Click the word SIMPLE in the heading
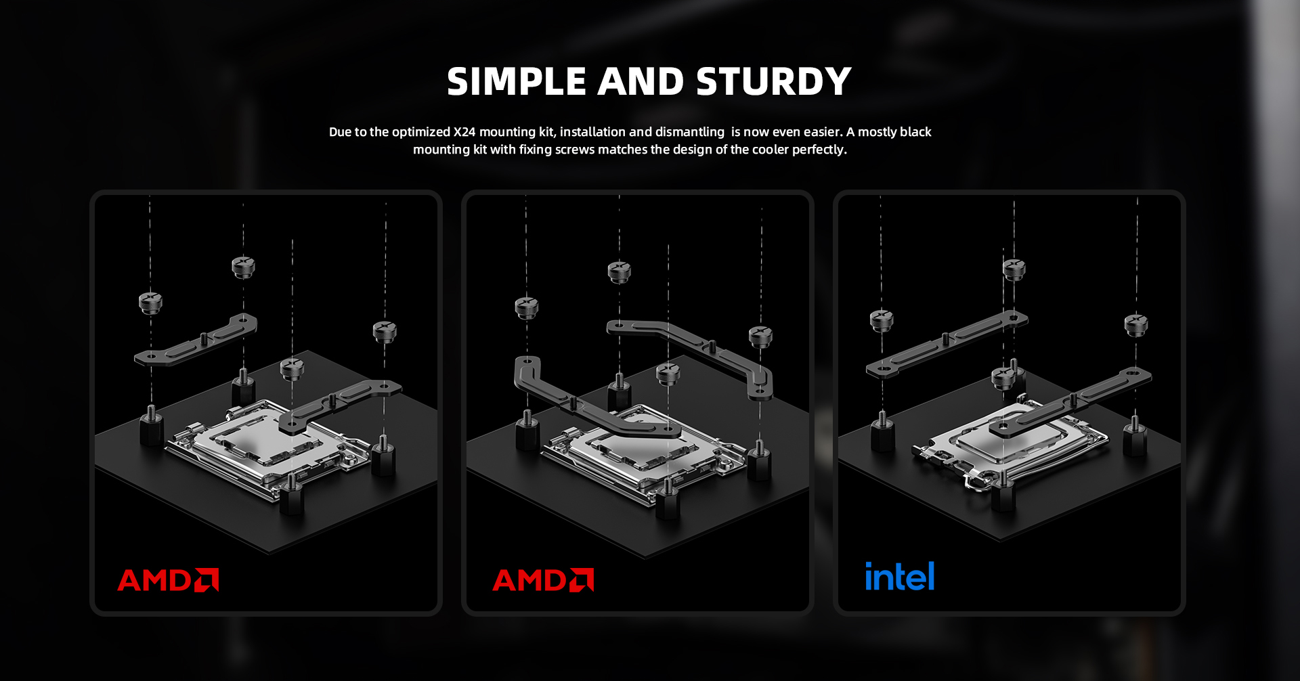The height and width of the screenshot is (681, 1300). coord(517,82)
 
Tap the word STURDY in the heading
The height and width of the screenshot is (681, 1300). coord(773,82)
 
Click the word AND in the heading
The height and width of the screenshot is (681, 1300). coord(641,82)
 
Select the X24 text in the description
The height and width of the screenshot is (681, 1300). coord(464,132)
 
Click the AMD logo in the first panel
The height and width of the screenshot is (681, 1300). coord(168,580)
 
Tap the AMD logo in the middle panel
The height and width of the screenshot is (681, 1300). coord(543,580)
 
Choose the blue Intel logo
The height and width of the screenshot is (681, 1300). coord(900,577)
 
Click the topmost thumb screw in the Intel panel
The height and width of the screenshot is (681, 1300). coord(1014,269)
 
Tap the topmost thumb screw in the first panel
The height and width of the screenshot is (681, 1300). coord(243,266)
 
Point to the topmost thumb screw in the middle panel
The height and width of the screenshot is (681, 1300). coord(619,272)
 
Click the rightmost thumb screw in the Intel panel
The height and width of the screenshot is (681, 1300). coord(1136,324)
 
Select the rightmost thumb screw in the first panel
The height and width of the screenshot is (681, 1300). coord(385,331)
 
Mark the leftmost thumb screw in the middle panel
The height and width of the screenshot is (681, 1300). coord(526,307)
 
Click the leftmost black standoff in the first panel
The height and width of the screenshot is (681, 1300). coord(151,429)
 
